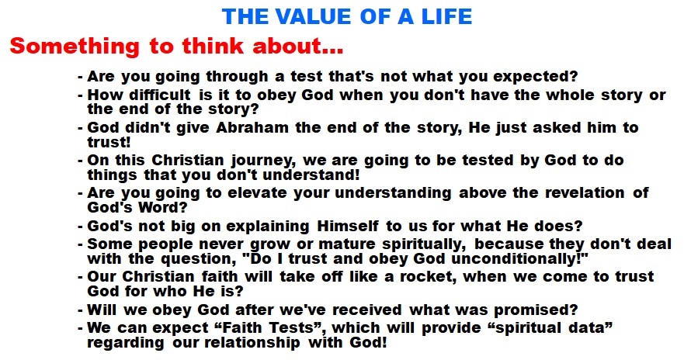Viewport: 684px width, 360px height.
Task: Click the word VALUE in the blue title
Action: [313, 16]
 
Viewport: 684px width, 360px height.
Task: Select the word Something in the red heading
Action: [75, 47]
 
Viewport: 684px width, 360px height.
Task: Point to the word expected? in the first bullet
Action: [535, 77]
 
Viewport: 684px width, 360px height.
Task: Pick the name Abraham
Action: [252, 127]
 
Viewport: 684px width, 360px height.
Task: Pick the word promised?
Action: [536, 310]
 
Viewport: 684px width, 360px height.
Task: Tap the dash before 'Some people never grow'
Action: [80, 245]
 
